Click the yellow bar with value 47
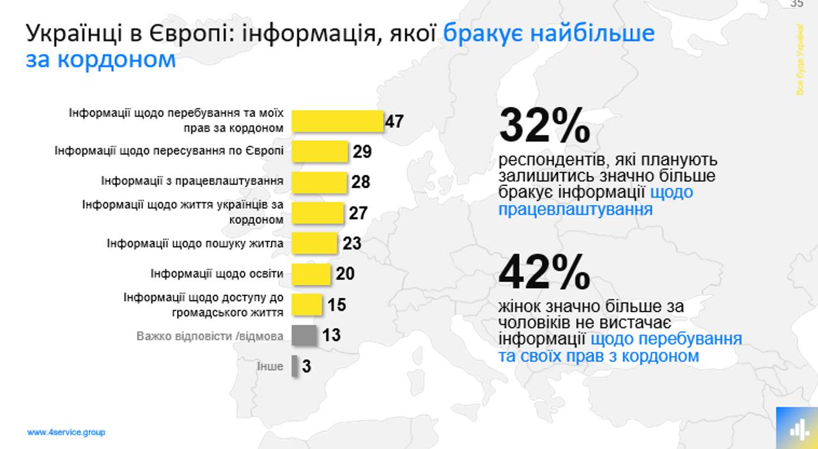337,121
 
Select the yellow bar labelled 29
320,152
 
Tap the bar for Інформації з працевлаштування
319,182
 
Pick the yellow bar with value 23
314,243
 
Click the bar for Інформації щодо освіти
311,274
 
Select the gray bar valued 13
304,335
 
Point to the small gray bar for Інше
295,366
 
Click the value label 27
358,212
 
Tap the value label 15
337,304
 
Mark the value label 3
307,366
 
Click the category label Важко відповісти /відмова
210,335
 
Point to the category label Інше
270,366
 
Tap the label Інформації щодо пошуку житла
195,244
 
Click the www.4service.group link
66,432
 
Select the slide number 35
796,4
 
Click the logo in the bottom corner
797,428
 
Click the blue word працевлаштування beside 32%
575,209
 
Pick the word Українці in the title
73,33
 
